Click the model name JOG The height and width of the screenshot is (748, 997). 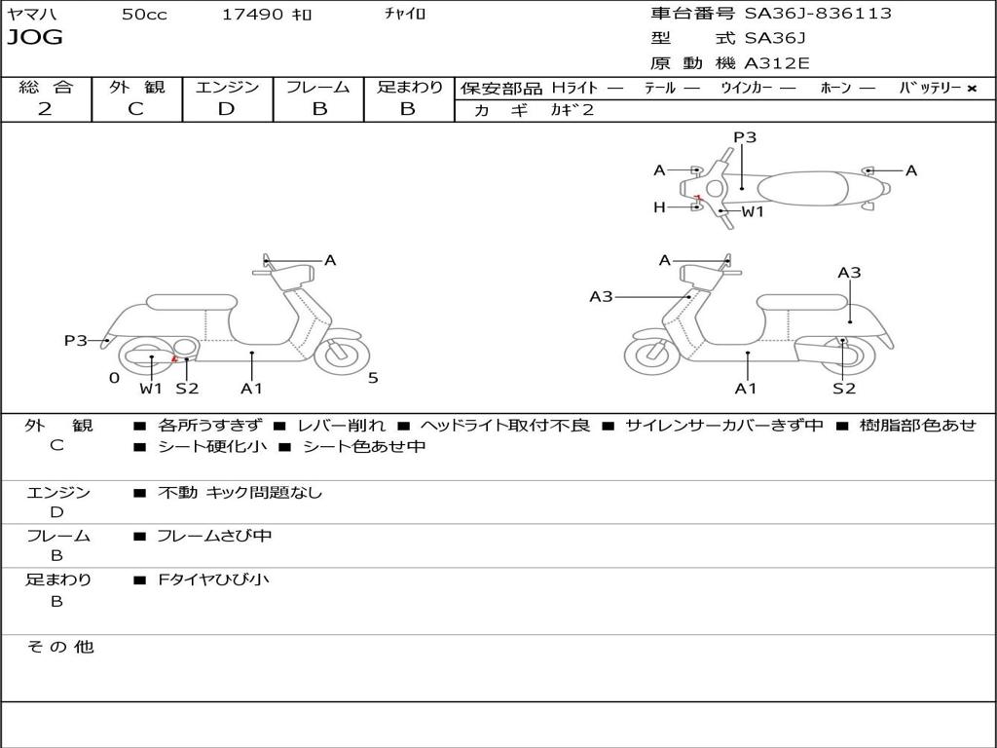(35, 38)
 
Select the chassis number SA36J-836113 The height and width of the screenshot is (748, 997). (818, 14)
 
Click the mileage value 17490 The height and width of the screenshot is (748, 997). (252, 15)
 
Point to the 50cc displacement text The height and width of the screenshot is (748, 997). (144, 15)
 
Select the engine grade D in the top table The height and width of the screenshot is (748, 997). (226, 109)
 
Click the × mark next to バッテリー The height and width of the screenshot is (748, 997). (972, 89)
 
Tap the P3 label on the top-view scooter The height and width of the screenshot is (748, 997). (745, 136)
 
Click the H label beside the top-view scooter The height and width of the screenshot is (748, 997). (659, 206)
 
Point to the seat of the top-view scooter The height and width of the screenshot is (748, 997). (803, 189)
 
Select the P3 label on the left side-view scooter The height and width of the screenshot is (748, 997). (75, 340)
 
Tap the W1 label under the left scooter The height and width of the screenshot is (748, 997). (151, 388)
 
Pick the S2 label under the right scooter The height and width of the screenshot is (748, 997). (844, 388)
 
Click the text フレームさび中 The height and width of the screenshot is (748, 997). (214, 537)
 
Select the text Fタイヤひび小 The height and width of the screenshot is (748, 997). (213, 580)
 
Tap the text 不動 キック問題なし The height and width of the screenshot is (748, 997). (240, 492)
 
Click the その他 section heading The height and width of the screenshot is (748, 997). (59, 647)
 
